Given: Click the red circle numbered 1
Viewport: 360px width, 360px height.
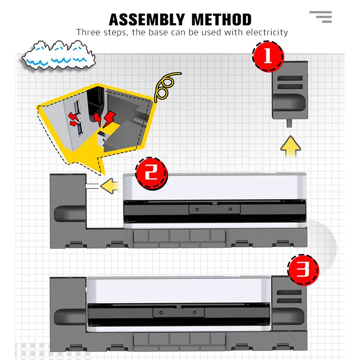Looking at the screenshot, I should pos(268,57).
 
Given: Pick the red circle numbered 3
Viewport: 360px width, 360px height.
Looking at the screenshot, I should pos(303,270).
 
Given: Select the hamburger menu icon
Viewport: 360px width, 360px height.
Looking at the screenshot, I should pos(321,17).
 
